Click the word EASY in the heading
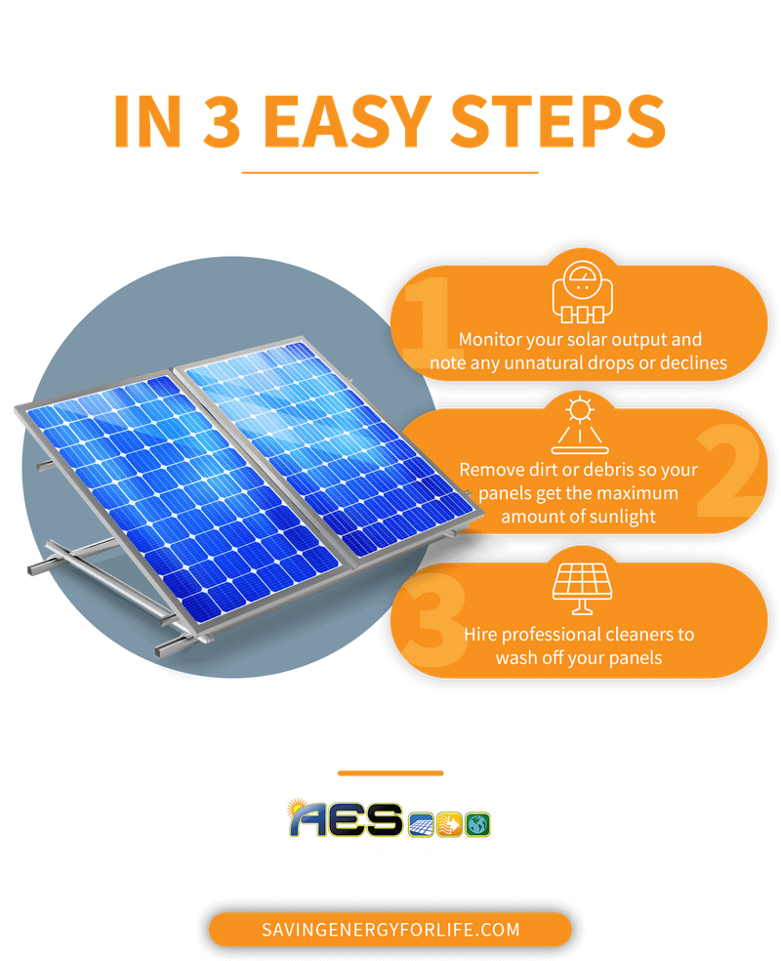pos(348,121)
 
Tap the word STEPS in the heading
pos(558,121)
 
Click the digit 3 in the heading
pos(222,121)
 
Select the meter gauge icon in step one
pos(582,292)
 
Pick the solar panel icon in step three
pos(582,588)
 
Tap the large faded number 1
pos(428,320)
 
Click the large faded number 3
pos(434,619)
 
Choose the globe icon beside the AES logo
pos(477,824)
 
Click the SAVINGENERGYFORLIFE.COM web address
pos(390,930)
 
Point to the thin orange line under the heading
pos(390,173)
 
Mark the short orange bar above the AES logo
pos(390,773)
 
